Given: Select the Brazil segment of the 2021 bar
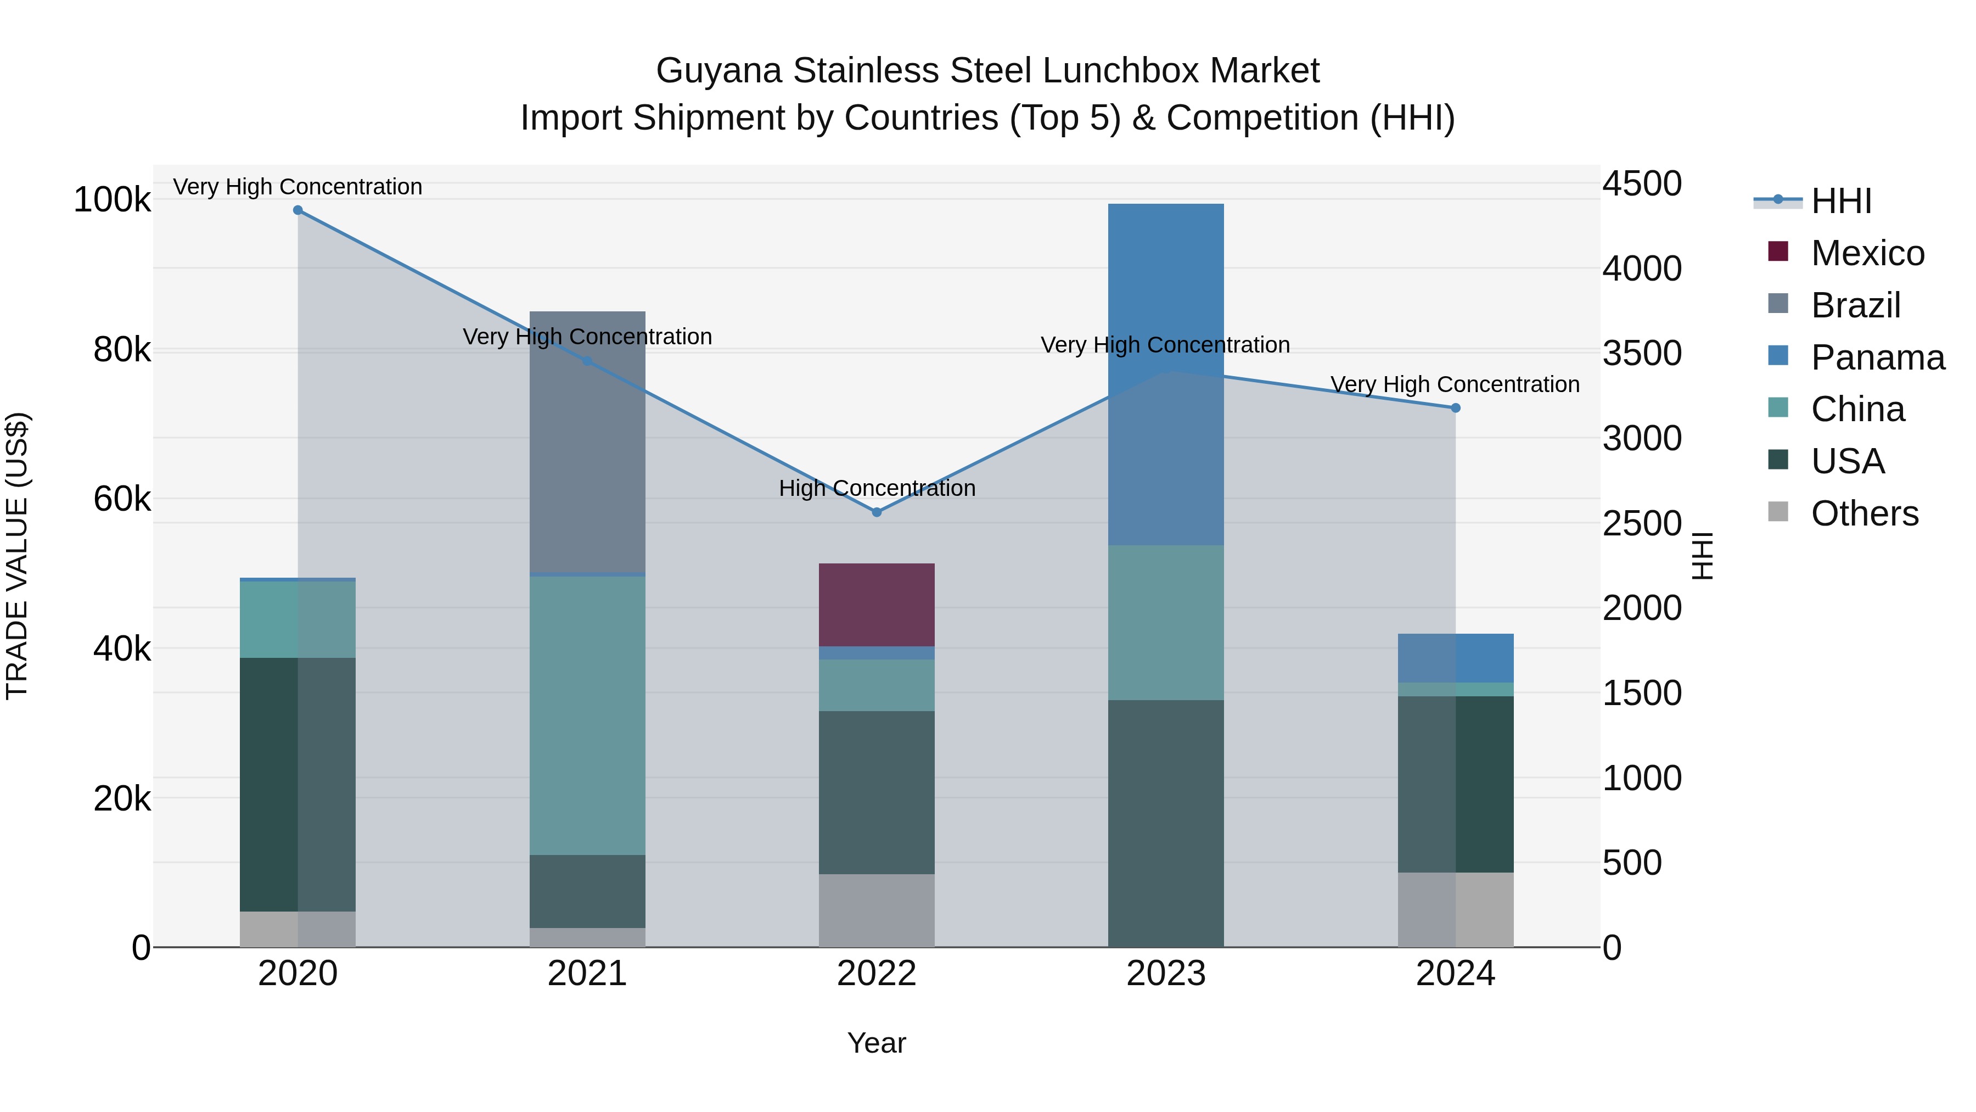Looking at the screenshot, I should coord(587,442).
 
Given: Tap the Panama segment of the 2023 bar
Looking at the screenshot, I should coord(1165,374).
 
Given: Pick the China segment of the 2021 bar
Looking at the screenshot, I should coord(587,715).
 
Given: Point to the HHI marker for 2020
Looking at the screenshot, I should coord(297,210).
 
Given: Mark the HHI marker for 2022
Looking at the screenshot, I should coord(876,512).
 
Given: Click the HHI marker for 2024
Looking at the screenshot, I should coord(1455,408).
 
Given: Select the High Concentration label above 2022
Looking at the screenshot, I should coord(876,488).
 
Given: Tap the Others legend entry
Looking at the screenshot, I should coord(1864,513).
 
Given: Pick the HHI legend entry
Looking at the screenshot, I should coord(1840,201).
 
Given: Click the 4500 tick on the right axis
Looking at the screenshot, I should coord(1642,184).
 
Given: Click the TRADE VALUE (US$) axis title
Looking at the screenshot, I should coord(17,556).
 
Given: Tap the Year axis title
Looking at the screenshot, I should coord(876,1043).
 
